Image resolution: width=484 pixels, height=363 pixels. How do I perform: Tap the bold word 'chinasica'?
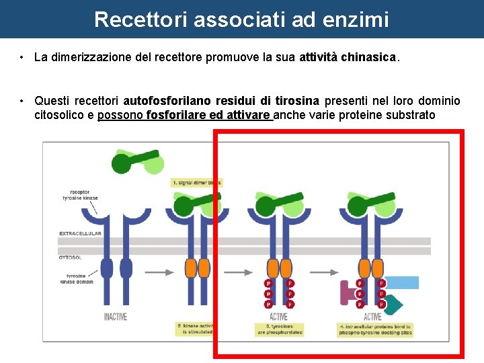tap(369, 58)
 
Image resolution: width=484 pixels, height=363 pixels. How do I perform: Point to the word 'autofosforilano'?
tap(167, 102)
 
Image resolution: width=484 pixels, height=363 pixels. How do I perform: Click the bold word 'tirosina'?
tap(296, 102)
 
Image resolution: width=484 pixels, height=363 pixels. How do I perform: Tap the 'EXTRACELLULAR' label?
tap(80, 233)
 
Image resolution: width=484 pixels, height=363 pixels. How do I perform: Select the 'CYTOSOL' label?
tap(71, 257)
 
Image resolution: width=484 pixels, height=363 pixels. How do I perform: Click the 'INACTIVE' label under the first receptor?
tap(116, 317)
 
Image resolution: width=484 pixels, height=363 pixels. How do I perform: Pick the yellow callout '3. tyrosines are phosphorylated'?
tap(279, 329)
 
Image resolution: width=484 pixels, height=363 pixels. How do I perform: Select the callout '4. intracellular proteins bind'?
tap(375, 329)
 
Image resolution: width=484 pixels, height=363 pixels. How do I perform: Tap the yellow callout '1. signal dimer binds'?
tap(196, 182)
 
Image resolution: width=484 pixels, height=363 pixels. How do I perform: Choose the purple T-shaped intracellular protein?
tap(348, 293)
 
